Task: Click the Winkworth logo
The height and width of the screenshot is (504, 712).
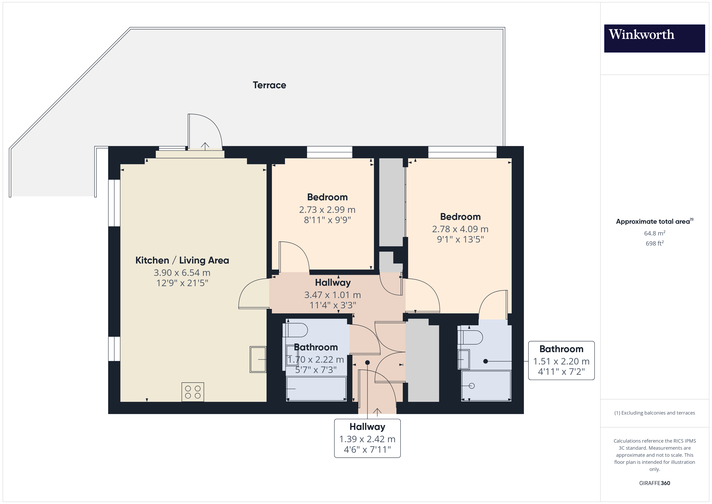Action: coord(654,38)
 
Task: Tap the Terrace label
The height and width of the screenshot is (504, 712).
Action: coord(269,85)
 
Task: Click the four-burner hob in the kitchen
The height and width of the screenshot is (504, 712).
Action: coord(193,392)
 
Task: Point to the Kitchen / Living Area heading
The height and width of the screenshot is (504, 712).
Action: coord(182,260)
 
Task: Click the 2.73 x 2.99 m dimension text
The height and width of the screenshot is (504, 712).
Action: coord(327,210)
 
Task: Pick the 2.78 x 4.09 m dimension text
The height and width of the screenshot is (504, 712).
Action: coord(460,229)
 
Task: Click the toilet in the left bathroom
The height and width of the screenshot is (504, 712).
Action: coord(295,330)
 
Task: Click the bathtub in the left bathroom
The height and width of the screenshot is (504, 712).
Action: coord(316,388)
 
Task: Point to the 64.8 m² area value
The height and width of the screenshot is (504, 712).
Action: coord(654,233)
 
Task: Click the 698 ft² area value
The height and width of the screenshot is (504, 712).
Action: coord(654,243)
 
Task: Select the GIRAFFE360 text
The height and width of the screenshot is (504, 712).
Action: coord(654,483)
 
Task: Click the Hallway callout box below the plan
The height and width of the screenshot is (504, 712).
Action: coord(367,438)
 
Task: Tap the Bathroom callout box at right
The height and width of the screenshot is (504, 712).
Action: coord(561,360)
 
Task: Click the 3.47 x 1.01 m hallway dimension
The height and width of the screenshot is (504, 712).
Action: coord(332,295)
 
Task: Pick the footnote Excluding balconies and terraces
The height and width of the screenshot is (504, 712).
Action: coord(654,413)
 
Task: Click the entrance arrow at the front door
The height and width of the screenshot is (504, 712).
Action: coord(377,412)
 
